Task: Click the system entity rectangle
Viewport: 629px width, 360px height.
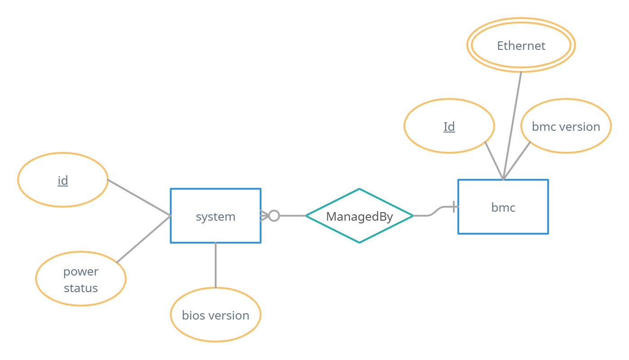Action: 216,216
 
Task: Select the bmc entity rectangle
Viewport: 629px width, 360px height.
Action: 503,207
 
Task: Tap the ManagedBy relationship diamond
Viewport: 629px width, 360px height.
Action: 359,216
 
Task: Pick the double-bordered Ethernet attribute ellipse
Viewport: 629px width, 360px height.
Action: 521,45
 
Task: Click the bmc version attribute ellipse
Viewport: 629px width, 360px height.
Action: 566,126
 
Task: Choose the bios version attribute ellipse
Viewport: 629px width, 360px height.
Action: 216,315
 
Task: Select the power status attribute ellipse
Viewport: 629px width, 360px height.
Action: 81,279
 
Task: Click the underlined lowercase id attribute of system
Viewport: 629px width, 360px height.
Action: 63,180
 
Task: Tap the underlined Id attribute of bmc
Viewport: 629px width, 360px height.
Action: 449,126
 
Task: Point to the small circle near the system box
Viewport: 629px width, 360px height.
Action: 274,216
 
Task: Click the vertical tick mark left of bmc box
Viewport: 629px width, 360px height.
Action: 454,207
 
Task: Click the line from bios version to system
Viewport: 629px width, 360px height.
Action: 216,265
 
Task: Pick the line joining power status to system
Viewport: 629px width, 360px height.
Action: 144,239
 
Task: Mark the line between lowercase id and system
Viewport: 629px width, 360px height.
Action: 139,198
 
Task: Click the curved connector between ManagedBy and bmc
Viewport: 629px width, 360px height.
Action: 434,212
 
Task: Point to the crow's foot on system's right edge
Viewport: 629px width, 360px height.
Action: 265,216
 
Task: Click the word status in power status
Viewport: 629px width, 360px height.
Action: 81,288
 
